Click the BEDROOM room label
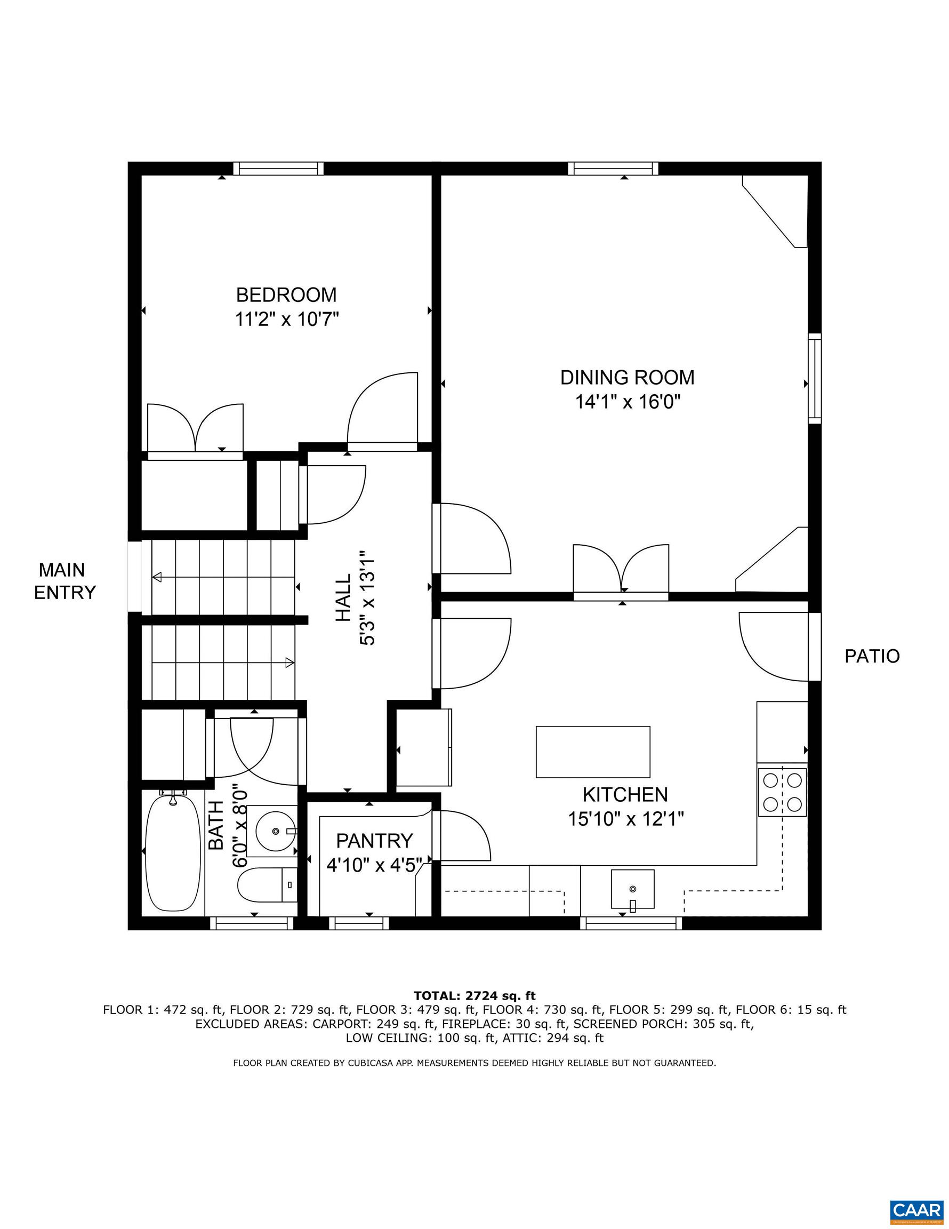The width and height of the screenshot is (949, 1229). click(x=286, y=295)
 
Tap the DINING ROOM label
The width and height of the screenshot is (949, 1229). click(x=627, y=377)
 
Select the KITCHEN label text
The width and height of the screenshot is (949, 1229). click(x=625, y=795)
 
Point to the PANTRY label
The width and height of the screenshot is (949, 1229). click(x=375, y=841)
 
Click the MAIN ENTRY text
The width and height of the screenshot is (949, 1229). click(x=65, y=581)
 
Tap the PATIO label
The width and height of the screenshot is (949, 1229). click(x=872, y=656)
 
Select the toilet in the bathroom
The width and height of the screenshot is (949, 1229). click(x=267, y=884)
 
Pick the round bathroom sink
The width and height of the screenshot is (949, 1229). click(x=275, y=831)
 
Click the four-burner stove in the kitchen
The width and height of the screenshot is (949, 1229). click(x=782, y=792)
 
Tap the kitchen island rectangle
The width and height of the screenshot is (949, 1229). click(x=593, y=752)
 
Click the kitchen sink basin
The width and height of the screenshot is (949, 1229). click(x=633, y=889)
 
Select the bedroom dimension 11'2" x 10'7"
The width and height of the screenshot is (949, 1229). click(x=287, y=320)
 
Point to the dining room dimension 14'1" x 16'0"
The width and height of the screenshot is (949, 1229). click(x=628, y=402)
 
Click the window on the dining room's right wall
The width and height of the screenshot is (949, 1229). click(x=815, y=378)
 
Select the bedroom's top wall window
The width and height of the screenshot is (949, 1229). click(x=278, y=168)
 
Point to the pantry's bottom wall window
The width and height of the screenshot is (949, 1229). click(x=359, y=923)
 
